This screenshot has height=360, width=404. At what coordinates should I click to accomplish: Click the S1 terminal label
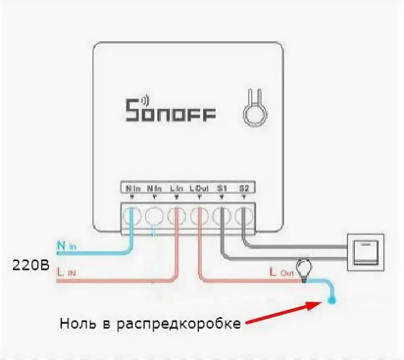[222, 188]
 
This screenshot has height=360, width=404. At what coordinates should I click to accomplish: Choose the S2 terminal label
[244, 188]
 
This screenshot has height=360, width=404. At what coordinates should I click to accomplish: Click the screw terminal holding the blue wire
[132, 216]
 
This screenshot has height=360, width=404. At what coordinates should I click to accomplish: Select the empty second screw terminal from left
[154, 216]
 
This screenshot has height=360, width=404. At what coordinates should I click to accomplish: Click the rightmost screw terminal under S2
[244, 216]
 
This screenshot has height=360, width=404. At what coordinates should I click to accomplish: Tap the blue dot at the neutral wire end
[332, 299]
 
